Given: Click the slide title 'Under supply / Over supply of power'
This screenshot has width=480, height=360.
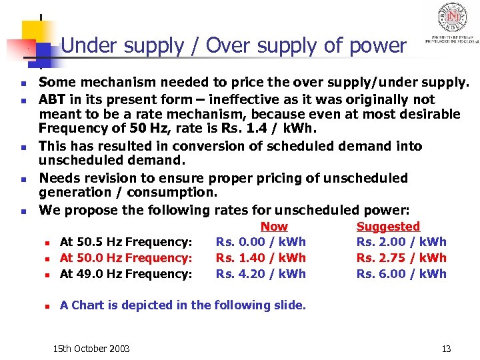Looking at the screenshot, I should click(x=233, y=46).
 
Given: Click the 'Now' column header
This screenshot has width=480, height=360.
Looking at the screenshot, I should click(x=274, y=227).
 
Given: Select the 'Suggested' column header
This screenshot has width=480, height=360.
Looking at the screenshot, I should click(x=388, y=227).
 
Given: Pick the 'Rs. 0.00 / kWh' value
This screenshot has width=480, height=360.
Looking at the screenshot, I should click(x=261, y=242).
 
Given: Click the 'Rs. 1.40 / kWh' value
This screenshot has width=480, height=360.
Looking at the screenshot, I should click(x=261, y=258).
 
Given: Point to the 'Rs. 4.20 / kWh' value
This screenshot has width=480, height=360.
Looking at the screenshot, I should click(x=261, y=274).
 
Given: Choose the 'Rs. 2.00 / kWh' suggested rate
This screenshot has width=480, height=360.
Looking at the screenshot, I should click(x=401, y=242).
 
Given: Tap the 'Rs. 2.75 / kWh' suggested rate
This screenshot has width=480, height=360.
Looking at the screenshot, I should click(x=401, y=258).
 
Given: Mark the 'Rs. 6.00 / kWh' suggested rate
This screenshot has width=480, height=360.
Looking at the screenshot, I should click(x=401, y=274).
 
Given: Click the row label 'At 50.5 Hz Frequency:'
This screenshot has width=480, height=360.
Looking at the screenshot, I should click(x=126, y=242).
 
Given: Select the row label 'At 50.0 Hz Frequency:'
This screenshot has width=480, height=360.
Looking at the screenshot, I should click(x=126, y=258).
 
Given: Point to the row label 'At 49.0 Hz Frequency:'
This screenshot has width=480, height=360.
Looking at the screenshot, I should click(x=126, y=274).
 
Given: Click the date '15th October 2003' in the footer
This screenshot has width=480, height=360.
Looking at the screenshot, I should click(x=91, y=349).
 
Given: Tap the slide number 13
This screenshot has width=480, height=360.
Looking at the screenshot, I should click(x=446, y=349).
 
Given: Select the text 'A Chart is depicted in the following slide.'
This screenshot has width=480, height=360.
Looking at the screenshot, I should click(x=183, y=305).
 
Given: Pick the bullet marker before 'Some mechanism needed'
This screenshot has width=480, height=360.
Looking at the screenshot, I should click(x=23, y=84).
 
